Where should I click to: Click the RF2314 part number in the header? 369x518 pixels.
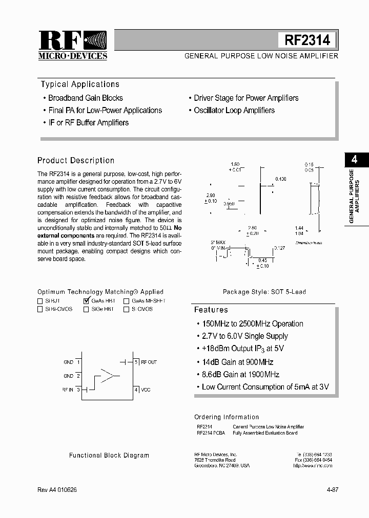(307, 40)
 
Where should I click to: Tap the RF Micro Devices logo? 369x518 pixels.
(73, 46)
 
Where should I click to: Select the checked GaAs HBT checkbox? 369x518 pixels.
(86, 301)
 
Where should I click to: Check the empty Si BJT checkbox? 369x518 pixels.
(40, 301)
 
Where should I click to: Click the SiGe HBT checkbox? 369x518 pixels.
(86, 309)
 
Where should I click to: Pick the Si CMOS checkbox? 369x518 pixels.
(126, 309)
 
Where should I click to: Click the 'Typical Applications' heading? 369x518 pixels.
(80, 84)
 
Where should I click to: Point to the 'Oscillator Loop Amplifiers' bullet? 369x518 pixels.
(234, 111)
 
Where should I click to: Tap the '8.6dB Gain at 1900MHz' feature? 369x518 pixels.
(240, 375)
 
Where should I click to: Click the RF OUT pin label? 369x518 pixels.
(149, 362)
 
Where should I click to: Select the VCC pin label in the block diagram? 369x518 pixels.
(146, 390)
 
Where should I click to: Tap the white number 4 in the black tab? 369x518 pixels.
(354, 159)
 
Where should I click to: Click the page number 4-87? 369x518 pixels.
(332, 490)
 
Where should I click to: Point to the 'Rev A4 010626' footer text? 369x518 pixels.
(57, 490)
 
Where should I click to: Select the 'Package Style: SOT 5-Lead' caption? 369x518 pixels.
(264, 292)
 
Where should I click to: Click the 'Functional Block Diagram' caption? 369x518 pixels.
(109, 455)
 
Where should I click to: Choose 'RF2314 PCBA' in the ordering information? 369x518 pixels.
(211, 433)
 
